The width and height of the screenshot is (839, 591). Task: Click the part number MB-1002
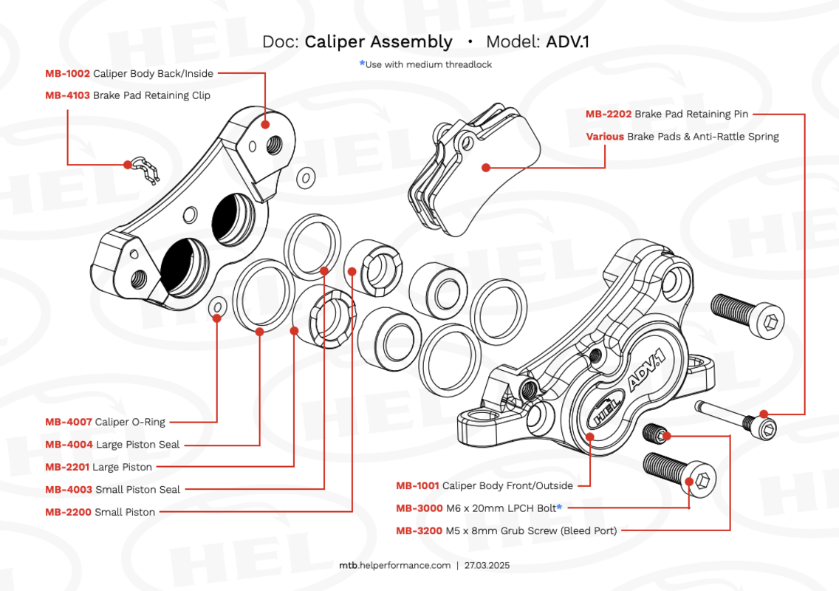(x=67, y=73)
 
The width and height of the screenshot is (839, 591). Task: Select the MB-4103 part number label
(x=67, y=95)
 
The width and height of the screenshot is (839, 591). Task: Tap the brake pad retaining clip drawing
(x=143, y=170)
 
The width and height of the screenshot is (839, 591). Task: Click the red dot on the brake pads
(x=486, y=168)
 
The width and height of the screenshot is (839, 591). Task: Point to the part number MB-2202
(x=609, y=114)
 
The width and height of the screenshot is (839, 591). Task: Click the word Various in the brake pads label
(x=605, y=137)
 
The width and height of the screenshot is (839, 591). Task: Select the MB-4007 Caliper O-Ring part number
(x=69, y=422)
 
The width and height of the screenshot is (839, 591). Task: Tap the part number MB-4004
(x=69, y=444)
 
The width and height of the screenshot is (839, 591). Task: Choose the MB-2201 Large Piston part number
(x=67, y=467)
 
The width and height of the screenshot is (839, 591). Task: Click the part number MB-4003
(x=69, y=489)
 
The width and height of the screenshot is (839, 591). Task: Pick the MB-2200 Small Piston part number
(x=68, y=512)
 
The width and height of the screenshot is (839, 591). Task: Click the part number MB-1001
(x=417, y=485)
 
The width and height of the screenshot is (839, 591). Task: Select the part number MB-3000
(x=419, y=508)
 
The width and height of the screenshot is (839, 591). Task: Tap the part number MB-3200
(x=419, y=530)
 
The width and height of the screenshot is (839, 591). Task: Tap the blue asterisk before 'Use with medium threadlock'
(x=362, y=64)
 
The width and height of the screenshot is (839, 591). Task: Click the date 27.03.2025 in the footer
(x=487, y=565)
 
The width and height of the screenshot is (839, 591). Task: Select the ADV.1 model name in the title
(x=567, y=42)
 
